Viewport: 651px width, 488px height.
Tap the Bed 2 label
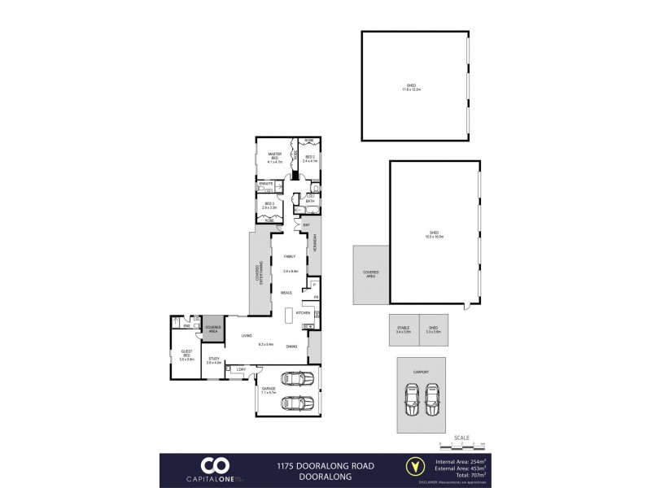[309, 158]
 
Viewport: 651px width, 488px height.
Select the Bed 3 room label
[269, 205]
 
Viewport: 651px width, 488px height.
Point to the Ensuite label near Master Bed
[265, 184]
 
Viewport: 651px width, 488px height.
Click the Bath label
[310, 200]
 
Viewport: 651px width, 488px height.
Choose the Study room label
[213, 359]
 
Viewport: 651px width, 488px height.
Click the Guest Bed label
[186, 355]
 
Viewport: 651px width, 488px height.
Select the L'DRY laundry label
[240, 370]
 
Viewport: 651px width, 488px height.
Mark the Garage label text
[269, 390]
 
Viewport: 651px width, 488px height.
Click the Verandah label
[314, 245]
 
